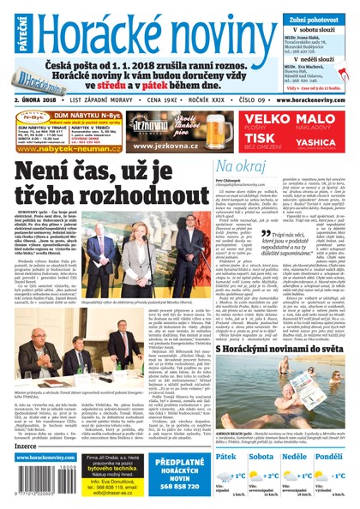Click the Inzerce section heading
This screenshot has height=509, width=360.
click(28, 445)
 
